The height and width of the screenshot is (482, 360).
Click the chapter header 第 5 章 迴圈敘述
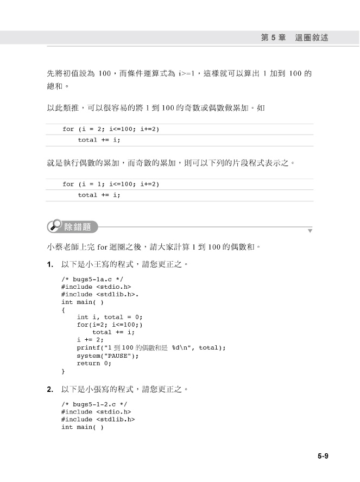294,38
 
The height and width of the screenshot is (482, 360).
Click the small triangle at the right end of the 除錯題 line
310,231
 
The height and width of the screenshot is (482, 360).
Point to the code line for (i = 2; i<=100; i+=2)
111,129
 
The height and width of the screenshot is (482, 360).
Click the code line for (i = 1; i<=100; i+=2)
111,185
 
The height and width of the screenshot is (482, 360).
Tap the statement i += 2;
90,340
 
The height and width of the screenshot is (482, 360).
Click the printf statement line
151,348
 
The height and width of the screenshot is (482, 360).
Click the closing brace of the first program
63,371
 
